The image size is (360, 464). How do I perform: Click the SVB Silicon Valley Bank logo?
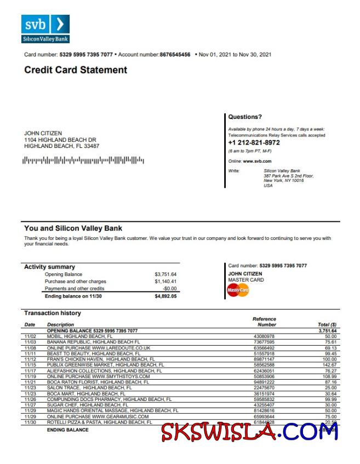pyautogui.click(x=45, y=29)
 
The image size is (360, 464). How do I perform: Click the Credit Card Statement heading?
pyautogui.click(x=76, y=70)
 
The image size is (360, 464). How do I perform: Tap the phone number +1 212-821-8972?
pyautogui.click(x=254, y=142)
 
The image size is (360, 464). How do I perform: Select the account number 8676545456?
pyautogui.click(x=175, y=55)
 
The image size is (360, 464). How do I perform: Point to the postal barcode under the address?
pyautogui.click(x=83, y=161)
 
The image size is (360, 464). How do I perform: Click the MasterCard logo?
pyautogui.click(x=238, y=290)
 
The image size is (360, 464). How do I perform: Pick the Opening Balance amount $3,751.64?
pyautogui.click(x=165, y=274)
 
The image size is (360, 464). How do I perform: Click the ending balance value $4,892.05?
pyautogui.click(x=165, y=296)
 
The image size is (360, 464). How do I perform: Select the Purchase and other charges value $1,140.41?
pyautogui.click(x=165, y=282)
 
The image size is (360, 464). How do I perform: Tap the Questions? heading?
pyautogui.click(x=245, y=117)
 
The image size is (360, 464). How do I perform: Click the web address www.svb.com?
pyautogui.click(x=257, y=162)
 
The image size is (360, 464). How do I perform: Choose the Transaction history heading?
pyautogui.click(x=52, y=313)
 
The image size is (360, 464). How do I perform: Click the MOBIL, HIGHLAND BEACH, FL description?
pyautogui.click(x=79, y=336)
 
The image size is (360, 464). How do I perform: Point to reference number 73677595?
pyautogui.click(x=264, y=341)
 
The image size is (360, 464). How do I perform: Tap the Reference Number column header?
pyautogui.click(x=264, y=322)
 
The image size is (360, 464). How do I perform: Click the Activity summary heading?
pyautogui.click(x=49, y=267)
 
